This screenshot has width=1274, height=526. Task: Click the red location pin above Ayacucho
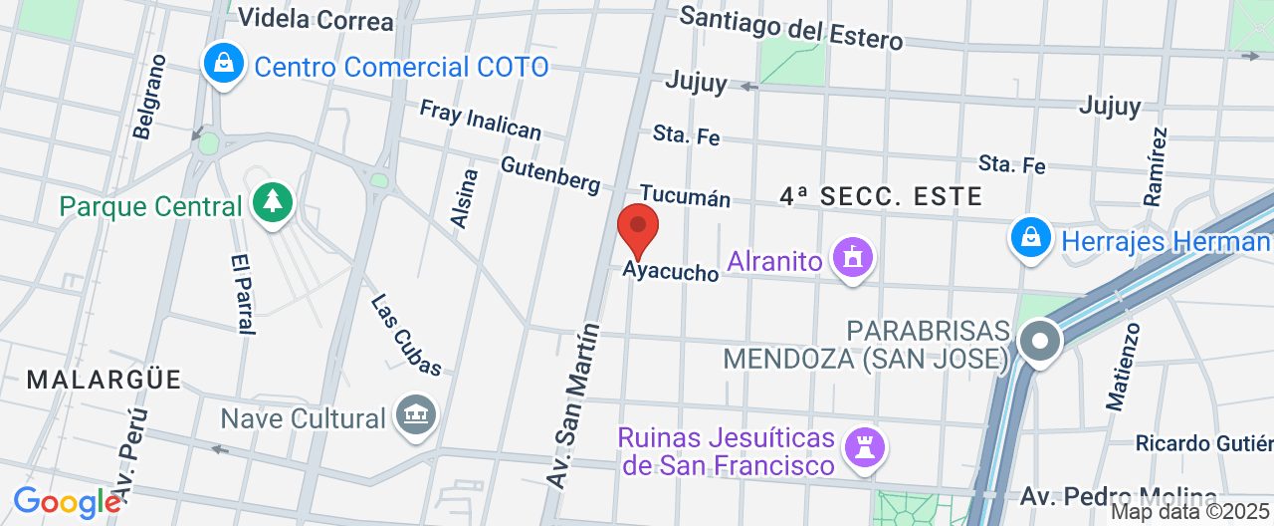click(x=638, y=230)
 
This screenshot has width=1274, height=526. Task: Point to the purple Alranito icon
click(x=852, y=259)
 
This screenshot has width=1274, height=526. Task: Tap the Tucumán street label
click(x=685, y=195)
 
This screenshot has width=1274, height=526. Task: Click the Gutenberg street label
click(x=550, y=175)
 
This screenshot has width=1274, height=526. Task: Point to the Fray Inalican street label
click(x=480, y=120)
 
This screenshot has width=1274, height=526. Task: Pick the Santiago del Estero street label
click(x=791, y=28)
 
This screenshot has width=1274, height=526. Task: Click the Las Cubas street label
click(x=406, y=335)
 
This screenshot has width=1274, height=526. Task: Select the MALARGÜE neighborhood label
click(x=105, y=380)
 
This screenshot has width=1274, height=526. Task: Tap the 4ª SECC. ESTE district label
click(x=881, y=196)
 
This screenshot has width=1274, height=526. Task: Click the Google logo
click(x=67, y=502)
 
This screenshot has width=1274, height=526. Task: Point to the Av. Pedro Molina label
click(x=1118, y=496)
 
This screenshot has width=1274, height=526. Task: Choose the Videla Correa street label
click(x=316, y=19)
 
